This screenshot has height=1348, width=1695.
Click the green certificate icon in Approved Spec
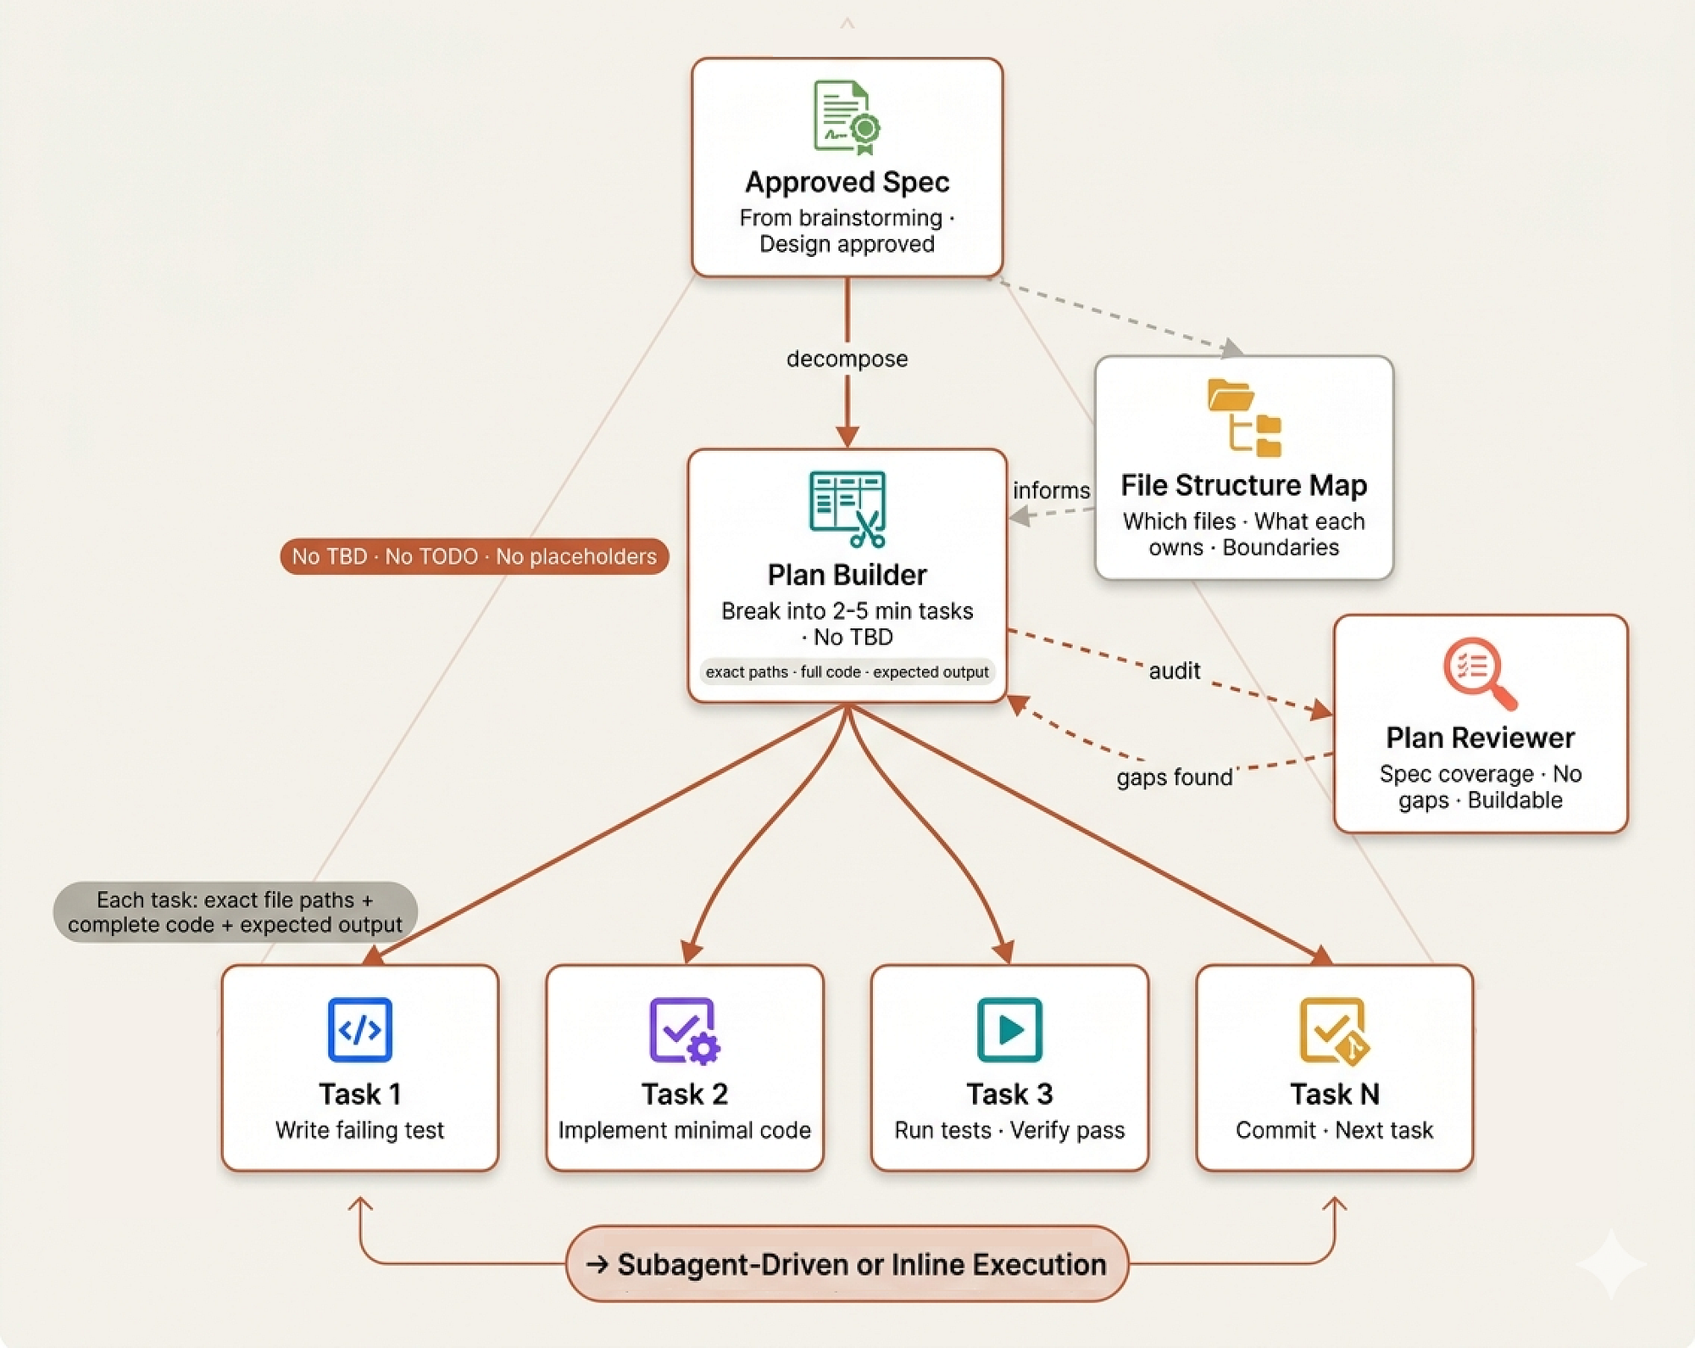pos(847,117)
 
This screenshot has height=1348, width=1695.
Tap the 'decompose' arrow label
pos(847,359)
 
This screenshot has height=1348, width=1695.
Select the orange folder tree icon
pos(1244,417)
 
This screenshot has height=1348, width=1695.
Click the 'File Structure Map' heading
pos(1243,485)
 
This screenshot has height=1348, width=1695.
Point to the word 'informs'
pos(1051,490)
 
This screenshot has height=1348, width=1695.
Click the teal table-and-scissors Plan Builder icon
pos(847,509)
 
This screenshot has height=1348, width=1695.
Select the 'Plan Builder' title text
pos(847,575)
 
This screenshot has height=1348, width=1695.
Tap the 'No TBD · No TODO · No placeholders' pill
pos(475,556)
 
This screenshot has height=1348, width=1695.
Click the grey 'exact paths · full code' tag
pos(847,671)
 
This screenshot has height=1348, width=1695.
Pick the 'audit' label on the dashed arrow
pos(1174,671)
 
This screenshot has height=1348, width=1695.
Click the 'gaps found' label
pos(1174,777)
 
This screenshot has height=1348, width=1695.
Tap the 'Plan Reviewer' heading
pos(1480,738)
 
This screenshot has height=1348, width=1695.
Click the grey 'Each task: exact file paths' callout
pos(235,912)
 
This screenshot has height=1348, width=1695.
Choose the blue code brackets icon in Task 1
pos(359,1029)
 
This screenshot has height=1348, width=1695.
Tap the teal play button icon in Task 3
pos(1009,1029)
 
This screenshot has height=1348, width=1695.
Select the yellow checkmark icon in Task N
pos(1334,1030)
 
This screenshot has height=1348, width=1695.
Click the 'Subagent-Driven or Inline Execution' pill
pos(847,1263)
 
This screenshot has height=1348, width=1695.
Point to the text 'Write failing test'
pos(359,1130)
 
